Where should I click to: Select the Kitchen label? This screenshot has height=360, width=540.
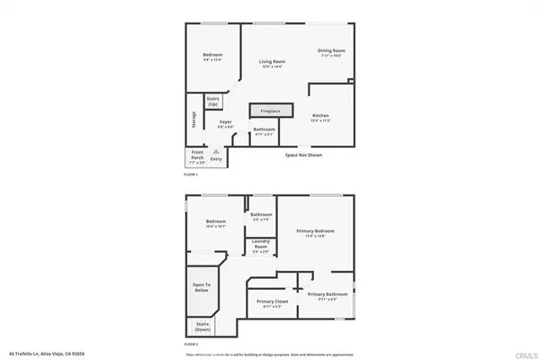click(x=321, y=116)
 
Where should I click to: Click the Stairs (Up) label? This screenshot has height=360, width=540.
click(x=213, y=101)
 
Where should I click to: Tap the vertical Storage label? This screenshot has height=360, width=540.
click(x=193, y=121)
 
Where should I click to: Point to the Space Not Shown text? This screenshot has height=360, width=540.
click(x=303, y=155)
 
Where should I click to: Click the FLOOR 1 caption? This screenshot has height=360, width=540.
click(x=191, y=174)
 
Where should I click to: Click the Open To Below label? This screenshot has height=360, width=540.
click(x=202, y=287)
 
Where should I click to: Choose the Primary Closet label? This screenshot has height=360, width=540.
click(x=271, y=302)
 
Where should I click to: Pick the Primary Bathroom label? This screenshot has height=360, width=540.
click(x=326, y=296)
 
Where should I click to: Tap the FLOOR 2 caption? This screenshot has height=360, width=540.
click(x=191, y=343)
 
